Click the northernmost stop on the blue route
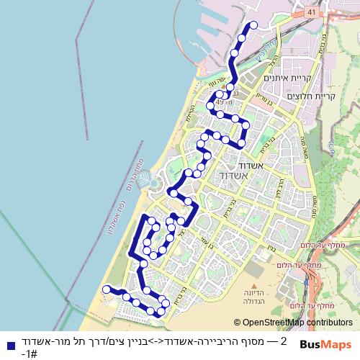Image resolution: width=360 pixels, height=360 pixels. pos(253,26)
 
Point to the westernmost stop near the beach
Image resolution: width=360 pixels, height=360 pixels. pos(107,289)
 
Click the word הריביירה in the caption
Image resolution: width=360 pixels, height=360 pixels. pos(219,341)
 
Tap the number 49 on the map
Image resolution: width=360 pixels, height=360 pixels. pos(240,103)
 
